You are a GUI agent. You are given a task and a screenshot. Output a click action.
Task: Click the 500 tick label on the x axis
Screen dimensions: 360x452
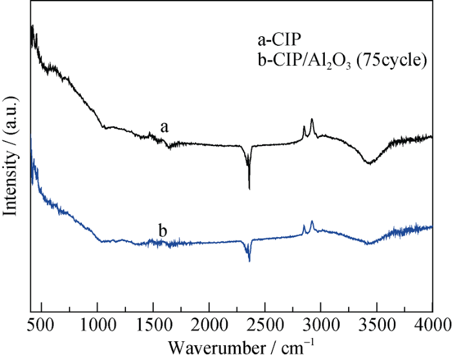[x=41, y=324]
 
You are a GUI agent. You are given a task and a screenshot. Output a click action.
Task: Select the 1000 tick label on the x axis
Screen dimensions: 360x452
[x=97, y=324]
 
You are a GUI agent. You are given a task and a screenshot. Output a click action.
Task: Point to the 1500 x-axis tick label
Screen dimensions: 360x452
[x=153, y=324]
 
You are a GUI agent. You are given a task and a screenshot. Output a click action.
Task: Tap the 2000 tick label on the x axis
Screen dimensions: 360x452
[x=209, y=324]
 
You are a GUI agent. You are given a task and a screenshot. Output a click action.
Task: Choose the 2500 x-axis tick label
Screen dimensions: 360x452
[x=265, y=324]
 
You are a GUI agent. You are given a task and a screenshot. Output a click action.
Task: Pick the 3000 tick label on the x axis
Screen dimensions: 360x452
[x=320, y=324]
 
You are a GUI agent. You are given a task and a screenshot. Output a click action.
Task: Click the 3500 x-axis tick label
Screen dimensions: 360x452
[x=376, y=324]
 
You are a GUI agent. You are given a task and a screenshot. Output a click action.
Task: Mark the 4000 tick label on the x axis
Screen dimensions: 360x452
[x=431, y=324]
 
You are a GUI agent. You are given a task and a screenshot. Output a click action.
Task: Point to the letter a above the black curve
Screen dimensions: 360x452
[x=165, y=127]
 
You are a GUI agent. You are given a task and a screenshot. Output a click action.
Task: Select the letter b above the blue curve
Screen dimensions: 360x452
[x=163, y=231]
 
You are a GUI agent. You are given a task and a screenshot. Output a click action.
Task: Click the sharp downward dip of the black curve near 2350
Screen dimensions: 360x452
[x=249, y=188]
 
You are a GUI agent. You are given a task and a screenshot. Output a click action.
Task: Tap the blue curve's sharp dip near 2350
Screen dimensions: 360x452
[x=249, y=260]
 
